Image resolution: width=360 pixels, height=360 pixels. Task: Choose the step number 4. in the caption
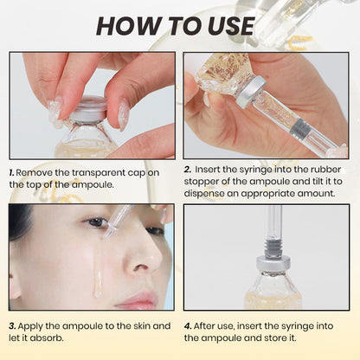[x=190, y=326]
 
